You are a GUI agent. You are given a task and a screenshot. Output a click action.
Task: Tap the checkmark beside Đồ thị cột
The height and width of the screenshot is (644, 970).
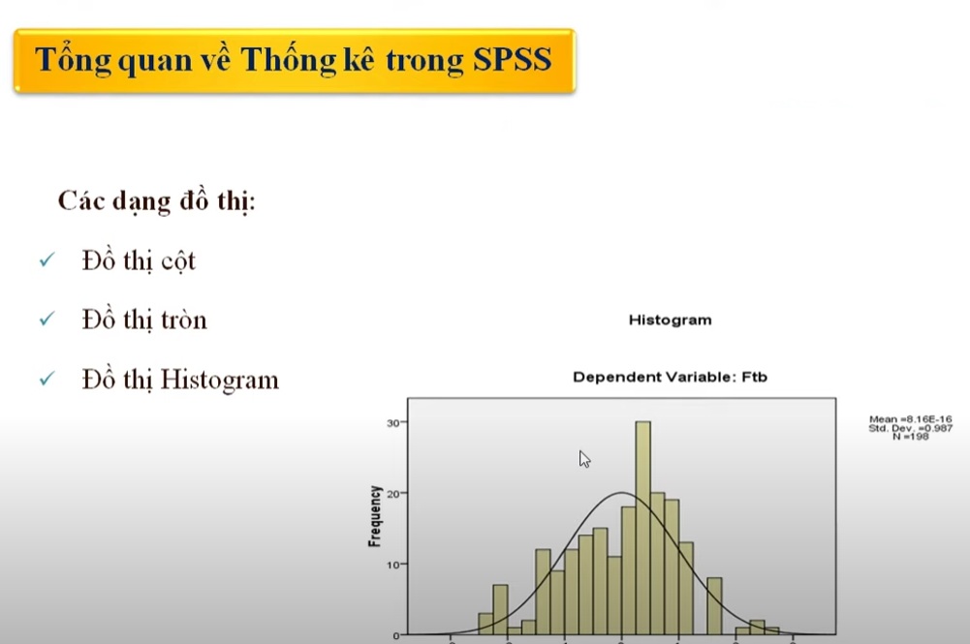click(x=46, y=261)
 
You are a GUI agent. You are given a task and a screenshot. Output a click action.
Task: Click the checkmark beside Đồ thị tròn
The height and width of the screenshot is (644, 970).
click(x=46, y=320)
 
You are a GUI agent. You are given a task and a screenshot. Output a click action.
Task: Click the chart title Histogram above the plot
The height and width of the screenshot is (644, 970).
click(x=670, y=320)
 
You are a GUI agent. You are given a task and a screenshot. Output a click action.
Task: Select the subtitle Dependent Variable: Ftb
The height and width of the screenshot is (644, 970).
click(x=670, y=377)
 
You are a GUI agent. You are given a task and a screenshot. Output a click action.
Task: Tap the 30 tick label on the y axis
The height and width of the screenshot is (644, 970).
click(x=393, y=422)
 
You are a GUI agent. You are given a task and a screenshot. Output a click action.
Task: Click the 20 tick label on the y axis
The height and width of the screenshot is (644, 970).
click(x=393, y=493)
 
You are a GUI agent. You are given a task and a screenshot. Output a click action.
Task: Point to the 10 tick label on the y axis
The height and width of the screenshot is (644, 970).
click(x=393, y=564)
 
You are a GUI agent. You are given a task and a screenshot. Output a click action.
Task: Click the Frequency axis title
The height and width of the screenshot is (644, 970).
click(x=374, y=516)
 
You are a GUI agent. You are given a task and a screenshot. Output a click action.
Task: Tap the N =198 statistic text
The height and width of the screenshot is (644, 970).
click(x=910, y=437)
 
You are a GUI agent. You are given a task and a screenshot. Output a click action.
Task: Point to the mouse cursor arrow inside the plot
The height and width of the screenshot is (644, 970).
click(x=584, y=458)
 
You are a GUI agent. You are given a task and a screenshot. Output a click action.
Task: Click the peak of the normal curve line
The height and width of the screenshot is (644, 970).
click(x=621, y=493)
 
